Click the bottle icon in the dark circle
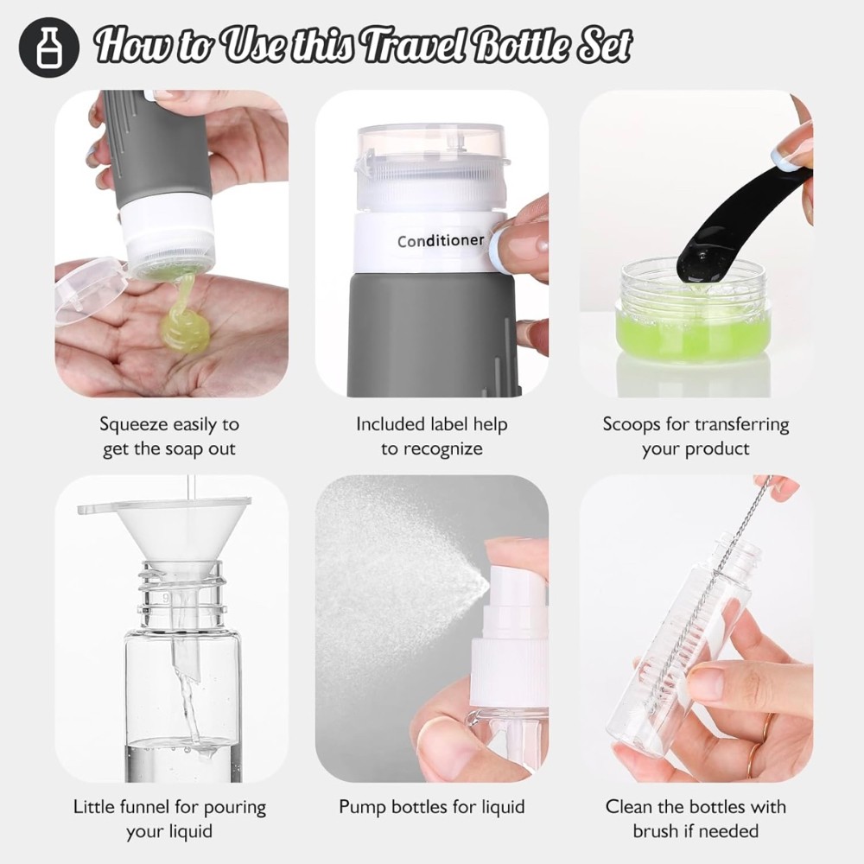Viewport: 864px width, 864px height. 49,48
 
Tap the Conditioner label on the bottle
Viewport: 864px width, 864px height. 441,241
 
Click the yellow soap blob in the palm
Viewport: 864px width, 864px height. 185,326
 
